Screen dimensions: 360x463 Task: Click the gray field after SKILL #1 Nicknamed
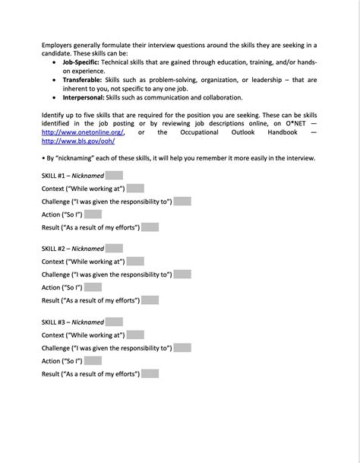coord(114,175)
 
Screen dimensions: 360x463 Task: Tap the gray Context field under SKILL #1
coord(135,188)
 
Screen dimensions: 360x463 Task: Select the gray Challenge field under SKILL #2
coord(182,274)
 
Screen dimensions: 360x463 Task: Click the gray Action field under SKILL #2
coord(93,287)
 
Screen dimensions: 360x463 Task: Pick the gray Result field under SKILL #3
coord(150,374)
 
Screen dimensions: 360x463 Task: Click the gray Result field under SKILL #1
coord(150,227)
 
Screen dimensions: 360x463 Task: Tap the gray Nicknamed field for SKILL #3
coord(114,322)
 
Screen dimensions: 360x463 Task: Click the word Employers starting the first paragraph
coord(60,46)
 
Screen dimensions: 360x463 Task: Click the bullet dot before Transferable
coord(54,80)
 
